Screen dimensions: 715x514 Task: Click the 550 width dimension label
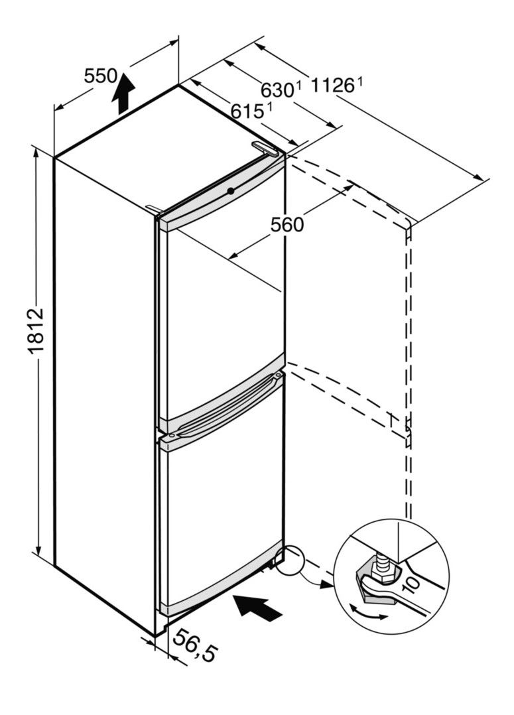coord(100,76)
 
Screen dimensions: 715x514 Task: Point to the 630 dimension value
coord(275,90)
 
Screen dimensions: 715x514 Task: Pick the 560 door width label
coord(287,225)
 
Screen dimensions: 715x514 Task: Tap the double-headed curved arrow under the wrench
coord(368,614)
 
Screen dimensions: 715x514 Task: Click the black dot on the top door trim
coord(229,192)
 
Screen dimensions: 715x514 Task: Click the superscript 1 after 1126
coord(360,82)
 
